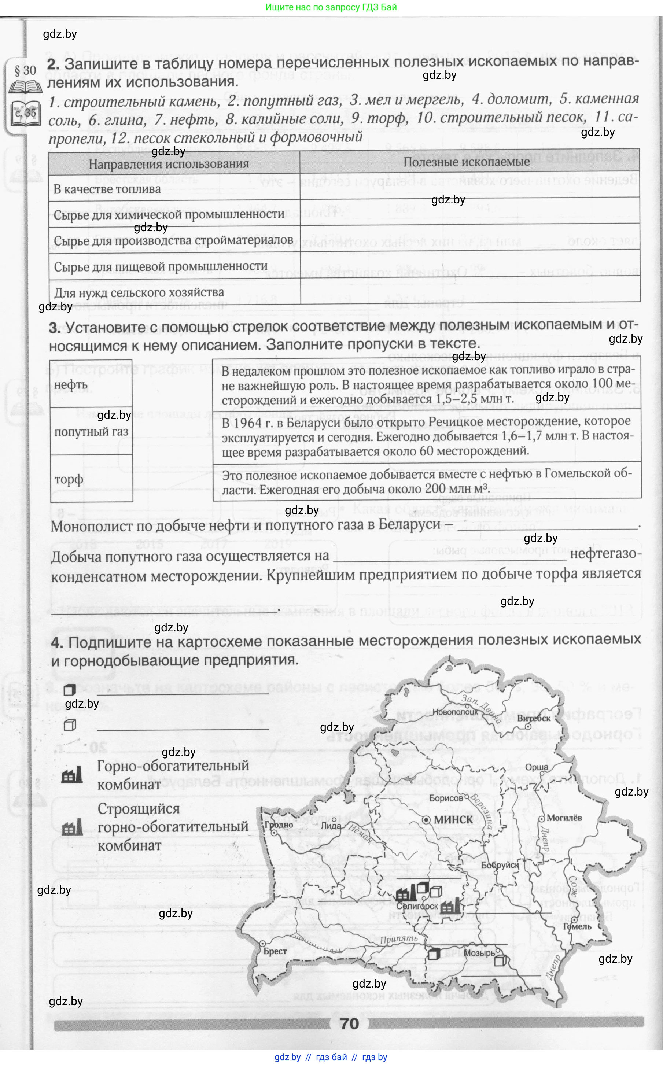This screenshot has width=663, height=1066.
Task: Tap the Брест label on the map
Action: [275, 951]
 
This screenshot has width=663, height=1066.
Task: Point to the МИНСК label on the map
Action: [453, 819]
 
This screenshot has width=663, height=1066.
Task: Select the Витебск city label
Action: [533, 718]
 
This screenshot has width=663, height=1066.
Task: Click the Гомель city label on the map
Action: [577, 926]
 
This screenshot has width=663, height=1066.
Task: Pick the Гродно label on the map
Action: [279, 825]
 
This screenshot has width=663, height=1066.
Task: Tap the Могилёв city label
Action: [564, 818]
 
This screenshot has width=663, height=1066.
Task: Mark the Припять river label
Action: [399, 939]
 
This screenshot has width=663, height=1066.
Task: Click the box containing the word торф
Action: [91, 479]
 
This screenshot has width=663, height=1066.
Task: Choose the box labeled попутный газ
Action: [91, 431]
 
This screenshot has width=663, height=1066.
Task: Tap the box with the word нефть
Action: [91, 384]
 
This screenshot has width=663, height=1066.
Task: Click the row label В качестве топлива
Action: [107, 189]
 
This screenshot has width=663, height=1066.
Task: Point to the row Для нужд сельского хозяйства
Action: [139, 292]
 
